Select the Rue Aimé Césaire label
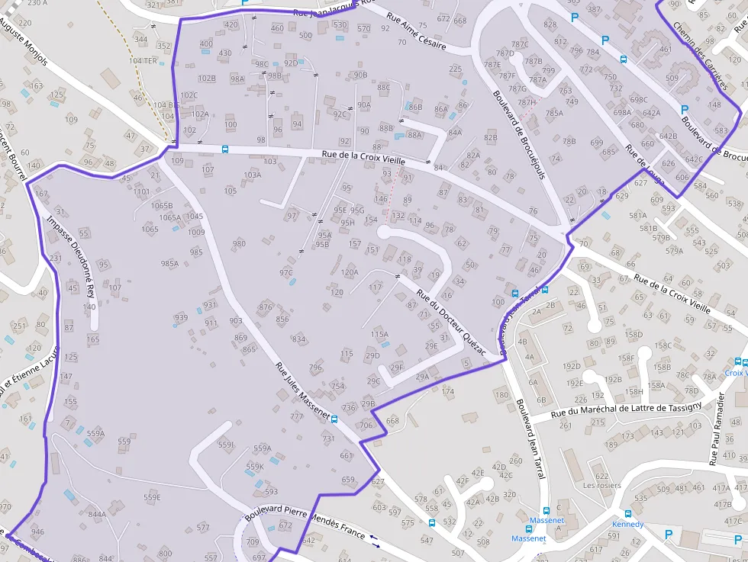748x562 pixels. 416,31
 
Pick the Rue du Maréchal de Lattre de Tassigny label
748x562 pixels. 625,410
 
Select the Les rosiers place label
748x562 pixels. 601,485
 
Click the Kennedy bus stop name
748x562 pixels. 627,525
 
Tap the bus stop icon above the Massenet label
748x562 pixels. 546,512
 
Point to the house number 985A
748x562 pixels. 169,264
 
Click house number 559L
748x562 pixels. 226,445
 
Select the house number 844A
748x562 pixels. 97,514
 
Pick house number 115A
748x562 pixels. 379,334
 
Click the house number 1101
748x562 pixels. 142,192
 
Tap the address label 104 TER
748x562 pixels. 142,59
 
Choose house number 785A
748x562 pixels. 554,114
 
